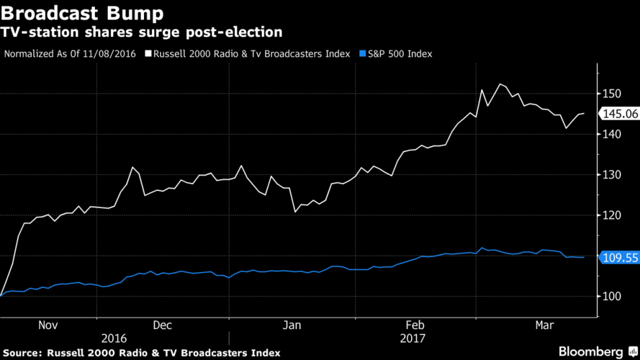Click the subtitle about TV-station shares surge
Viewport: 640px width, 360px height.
(x=141, y=32)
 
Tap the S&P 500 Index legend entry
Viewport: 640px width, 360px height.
(x=398, y=53)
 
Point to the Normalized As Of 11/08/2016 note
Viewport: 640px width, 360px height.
(x=71, y=53)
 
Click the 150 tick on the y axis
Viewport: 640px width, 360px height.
(x=613, y=94)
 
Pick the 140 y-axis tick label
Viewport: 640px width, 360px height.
(x=613, y=134)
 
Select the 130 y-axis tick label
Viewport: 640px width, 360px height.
(x=613, y=174)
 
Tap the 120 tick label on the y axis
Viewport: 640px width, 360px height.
(x=613, y=215)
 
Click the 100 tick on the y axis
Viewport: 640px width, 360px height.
(x=613, y=296)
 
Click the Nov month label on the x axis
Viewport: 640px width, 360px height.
(x=47, y=325)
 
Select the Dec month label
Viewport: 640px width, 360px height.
(x=162, y=325)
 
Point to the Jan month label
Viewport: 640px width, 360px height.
(x=292, y=325)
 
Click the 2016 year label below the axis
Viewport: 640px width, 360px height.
(x=115, y=338)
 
